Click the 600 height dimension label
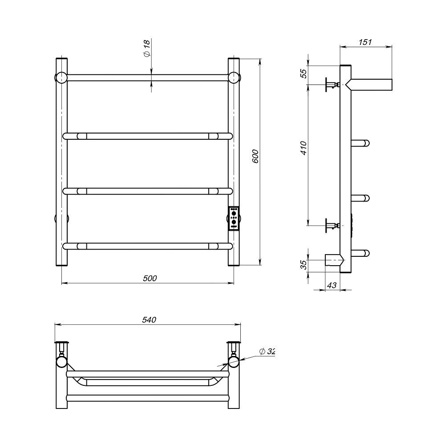click(255, 156)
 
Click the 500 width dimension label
click(150, 279)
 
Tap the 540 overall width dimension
click(149, 320)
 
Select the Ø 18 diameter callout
click(146, 48)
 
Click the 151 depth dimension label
click(365, 42)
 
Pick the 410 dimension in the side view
click(303, 148)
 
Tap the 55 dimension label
click(303, 73)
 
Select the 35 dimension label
click(303, 265)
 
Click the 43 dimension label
click(332, 285)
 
